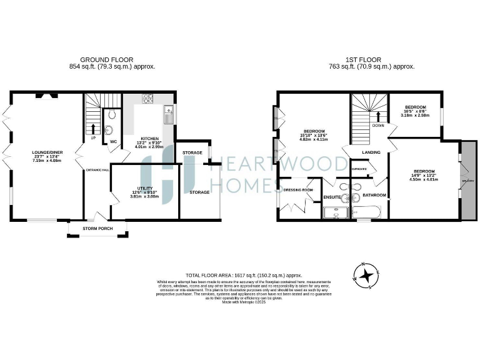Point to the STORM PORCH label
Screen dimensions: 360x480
99,229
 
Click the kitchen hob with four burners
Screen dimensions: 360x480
149,99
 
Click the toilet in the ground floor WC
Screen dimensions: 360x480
110,114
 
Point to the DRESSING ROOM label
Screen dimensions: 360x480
297,189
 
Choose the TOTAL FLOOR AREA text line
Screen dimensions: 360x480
244,275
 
